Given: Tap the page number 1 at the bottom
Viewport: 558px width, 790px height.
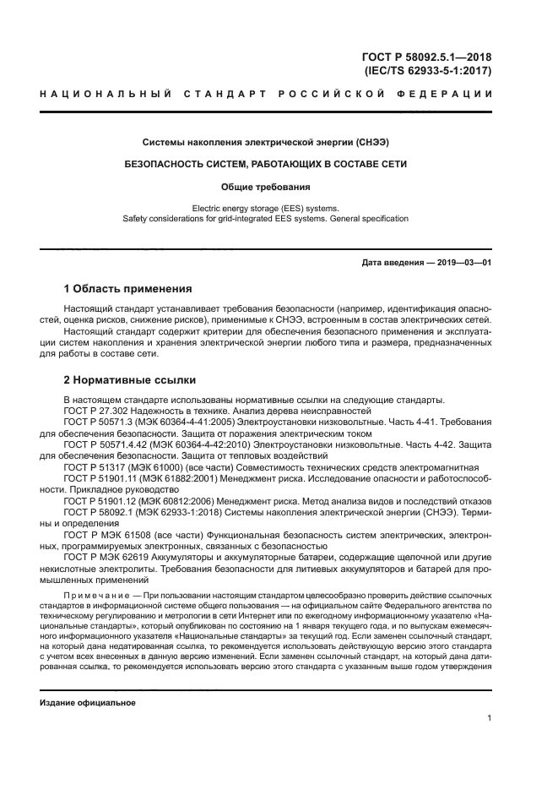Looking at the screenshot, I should coord(490,718).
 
